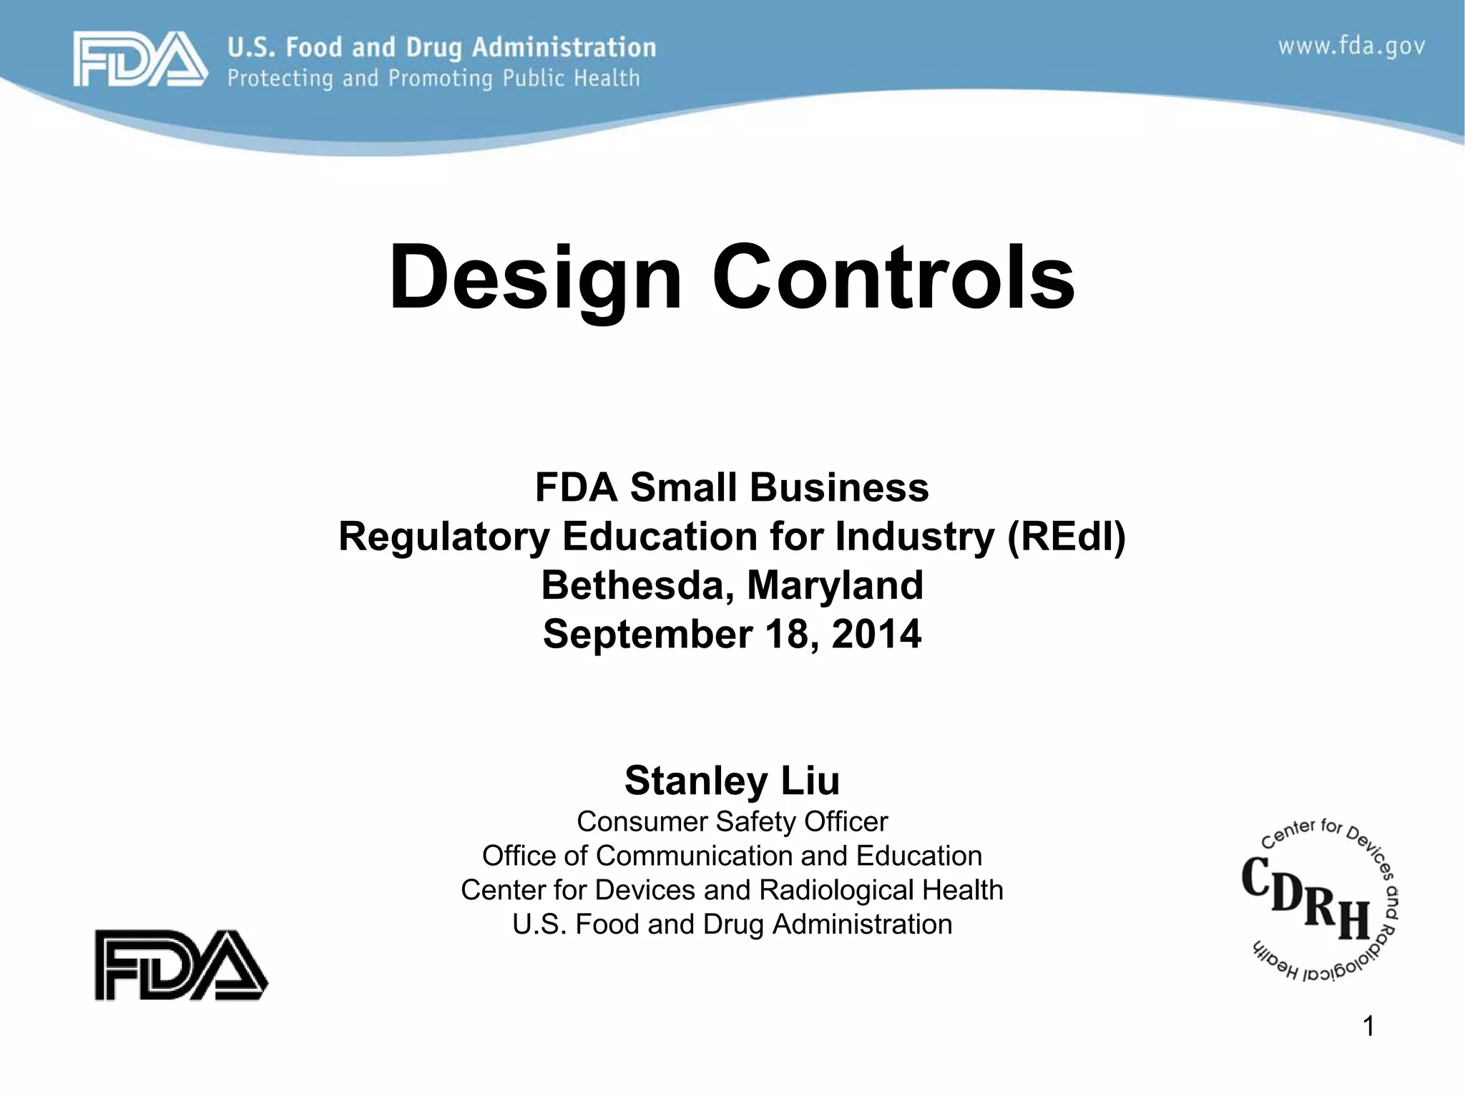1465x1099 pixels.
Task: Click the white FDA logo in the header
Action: (140, 59)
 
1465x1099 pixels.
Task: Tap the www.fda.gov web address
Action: (1351, 47)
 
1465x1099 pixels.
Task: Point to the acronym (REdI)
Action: (1066, 537)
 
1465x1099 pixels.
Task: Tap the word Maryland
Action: (835, 585)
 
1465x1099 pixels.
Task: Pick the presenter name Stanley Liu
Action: (732, 780)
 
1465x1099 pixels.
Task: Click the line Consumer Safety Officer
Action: (732, 821)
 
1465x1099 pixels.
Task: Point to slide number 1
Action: (1368, 1027)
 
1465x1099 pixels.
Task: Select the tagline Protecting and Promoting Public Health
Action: (433, 78)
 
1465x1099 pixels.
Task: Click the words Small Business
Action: (779, 488)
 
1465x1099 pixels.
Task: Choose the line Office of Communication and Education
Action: (732, 856)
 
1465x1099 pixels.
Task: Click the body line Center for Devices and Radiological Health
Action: (732, 890)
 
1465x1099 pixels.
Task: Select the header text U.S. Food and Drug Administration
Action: (441, 47)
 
